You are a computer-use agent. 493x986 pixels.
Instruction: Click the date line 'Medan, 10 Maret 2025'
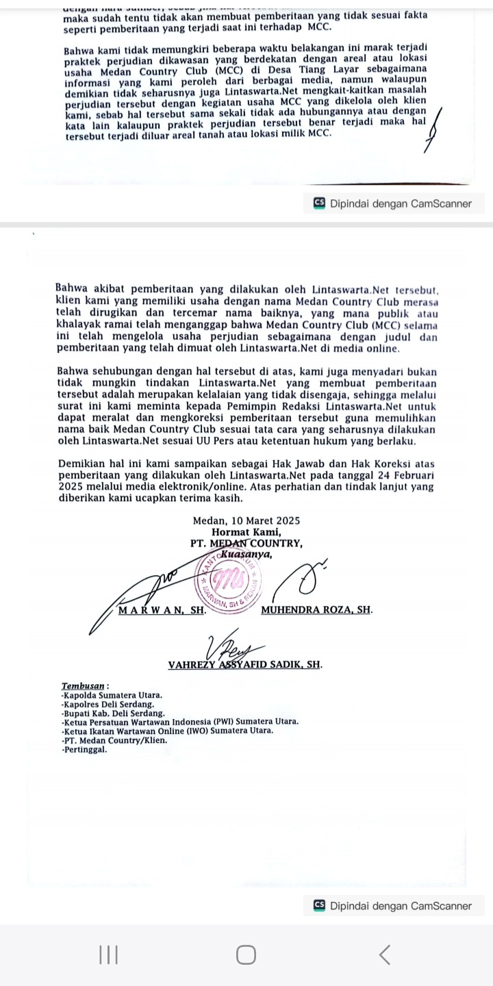[x=246, y=521]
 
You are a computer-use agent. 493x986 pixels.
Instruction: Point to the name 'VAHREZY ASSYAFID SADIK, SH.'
[x=245, y=664]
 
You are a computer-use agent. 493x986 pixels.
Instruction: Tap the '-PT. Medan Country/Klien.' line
[x=114, y=740]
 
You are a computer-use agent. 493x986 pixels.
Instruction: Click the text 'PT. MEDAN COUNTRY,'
[x=246, y=543]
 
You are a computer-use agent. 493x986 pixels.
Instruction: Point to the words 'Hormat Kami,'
[x=246, y=532]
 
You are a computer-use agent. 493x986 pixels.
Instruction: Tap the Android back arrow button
[x=385, y=955]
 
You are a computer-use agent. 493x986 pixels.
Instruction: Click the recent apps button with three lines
[x=108, y=955]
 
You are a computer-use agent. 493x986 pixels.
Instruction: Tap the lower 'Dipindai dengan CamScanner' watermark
[x=393, y=906]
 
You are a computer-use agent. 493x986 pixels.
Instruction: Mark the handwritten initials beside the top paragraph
[x=433, y=130]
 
